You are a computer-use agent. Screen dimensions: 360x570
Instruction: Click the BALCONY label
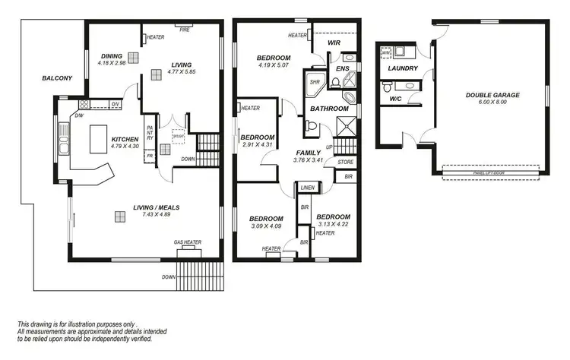[57, 77]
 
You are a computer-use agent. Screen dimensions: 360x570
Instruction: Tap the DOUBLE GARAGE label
[492, 96]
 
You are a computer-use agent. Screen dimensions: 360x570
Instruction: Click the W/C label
[395, 99]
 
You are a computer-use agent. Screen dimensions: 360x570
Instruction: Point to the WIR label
[333, 43]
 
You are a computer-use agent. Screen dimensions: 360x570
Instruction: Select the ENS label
[343, 69]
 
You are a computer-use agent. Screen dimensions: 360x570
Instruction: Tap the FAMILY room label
[308, 153]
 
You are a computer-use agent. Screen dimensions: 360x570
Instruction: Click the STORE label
[345, 161]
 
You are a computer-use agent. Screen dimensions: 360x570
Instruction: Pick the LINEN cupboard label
[307, 187]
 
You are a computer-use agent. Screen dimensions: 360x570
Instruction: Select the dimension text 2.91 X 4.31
[256, 145]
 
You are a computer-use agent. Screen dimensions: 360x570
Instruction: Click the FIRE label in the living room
[184, 30]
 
